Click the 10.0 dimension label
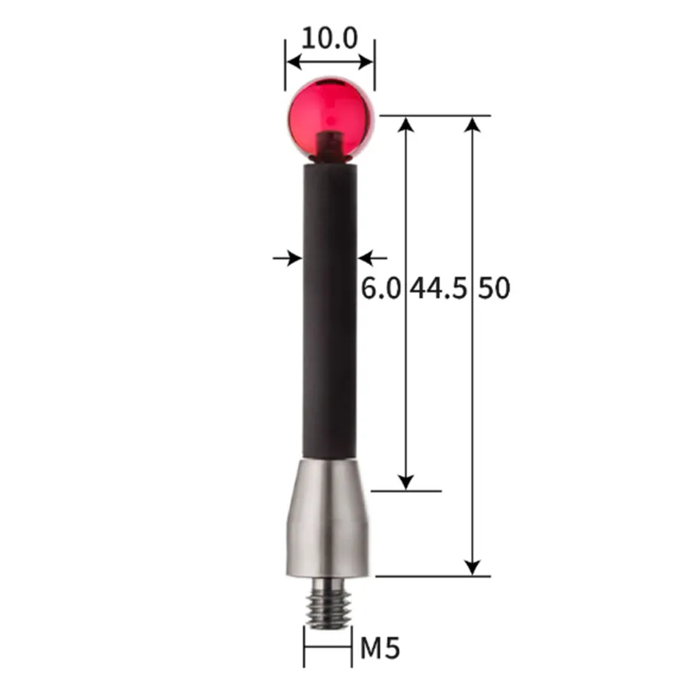[329, 37]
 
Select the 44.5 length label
[439, 288]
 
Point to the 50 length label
[494, 288]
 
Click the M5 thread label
[380, 649]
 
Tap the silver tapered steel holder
[328, 518]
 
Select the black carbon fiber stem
[330, 311]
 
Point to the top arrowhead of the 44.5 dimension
[405, 124]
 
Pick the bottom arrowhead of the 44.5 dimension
[405, 482]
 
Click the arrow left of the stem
[288, 258]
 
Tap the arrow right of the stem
[372, 258]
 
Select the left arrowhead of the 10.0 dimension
[292, 61]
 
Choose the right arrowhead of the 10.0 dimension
[368, 61]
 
